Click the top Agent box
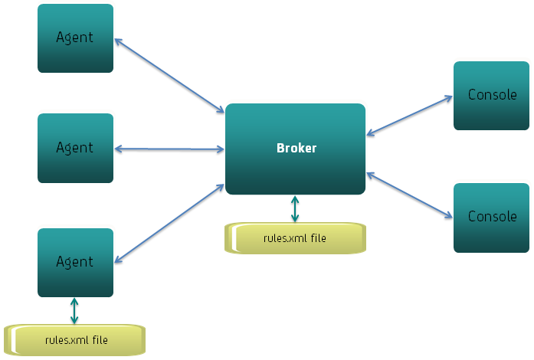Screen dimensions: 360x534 coord(75,38)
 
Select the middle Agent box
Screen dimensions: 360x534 coord(75,148)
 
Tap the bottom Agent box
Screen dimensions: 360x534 coord(75,262)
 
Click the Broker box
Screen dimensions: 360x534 coord(295,149)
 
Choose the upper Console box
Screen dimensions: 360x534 coord(491,96)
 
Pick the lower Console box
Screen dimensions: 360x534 coord(491,218)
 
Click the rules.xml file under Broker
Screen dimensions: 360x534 coord(295,238)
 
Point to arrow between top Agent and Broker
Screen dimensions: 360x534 coord(169,74)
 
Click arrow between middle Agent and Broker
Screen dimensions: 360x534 coord(169,149)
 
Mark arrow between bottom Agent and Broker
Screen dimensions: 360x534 coord(169,221)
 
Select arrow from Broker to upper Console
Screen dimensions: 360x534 coord(410,116)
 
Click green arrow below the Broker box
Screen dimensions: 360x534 coord(295,209)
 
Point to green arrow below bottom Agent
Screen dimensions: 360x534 coord(74,311)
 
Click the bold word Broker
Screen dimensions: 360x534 coord(296,148)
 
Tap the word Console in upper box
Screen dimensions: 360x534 coord(492,95)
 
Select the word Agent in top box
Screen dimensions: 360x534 coord(75,37)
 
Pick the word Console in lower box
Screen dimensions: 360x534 coord(492,217)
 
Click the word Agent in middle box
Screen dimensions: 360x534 coord(75,147)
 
